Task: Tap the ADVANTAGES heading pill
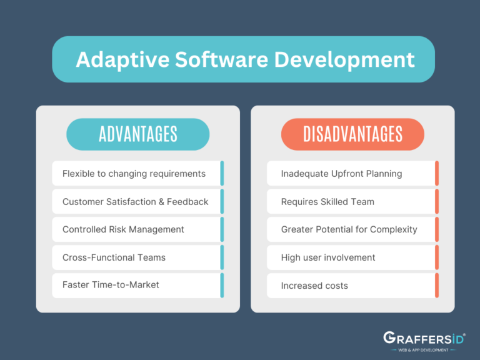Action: click(137, 134)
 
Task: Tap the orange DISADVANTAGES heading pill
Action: click(352, 134)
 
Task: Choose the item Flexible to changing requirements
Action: click(134, 173)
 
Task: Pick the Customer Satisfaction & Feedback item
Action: click(135, 201)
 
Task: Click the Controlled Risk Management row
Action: click(123, 229)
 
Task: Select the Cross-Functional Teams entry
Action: click(114, 257)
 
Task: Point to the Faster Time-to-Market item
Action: click(111, 285)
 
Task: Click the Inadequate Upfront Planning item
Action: click(341, 173)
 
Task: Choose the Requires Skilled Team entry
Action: click(327, 201)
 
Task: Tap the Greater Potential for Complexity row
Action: click(349, 229)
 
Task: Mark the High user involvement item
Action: click(328, 257)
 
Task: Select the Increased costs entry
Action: click(314, 286)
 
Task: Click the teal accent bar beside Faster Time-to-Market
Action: click(222, 285)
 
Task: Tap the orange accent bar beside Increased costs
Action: click(437, 286)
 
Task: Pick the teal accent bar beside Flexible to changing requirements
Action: click(222, 173)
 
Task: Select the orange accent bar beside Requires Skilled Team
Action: click(437, 201)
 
